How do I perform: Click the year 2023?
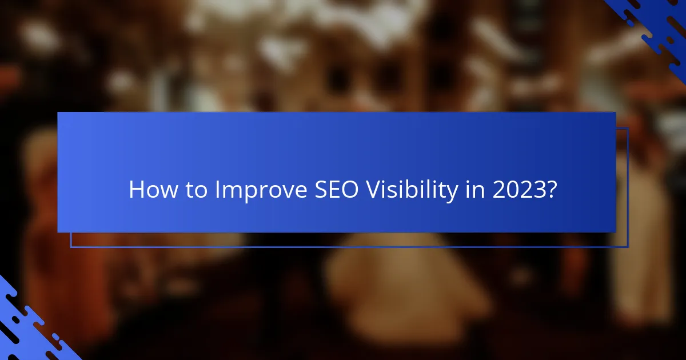tap(517, 190)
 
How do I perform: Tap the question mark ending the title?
tap(551, 190)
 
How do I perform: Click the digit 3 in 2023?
tap(537, 190)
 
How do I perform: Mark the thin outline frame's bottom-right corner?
tap(628, 247)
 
